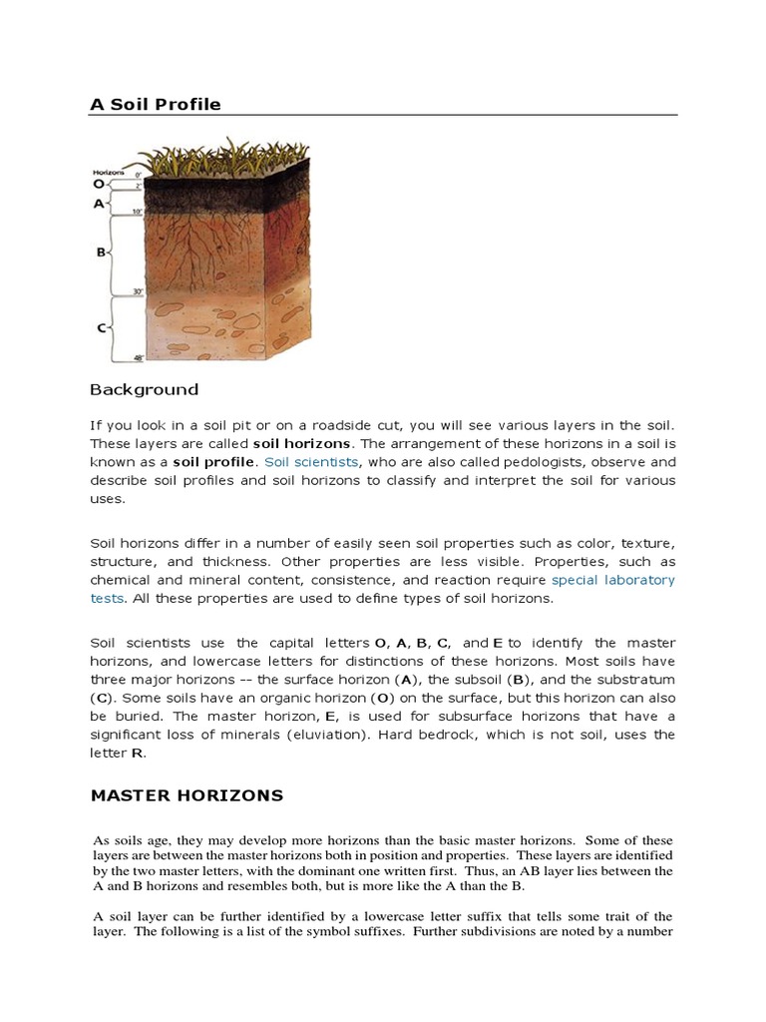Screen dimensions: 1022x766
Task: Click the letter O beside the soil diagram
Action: click(98, 184)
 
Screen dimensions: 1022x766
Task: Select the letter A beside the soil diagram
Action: click(99, 203)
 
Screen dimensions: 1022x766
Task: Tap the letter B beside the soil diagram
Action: click(101, 253)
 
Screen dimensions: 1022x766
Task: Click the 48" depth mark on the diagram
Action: click(139, 357)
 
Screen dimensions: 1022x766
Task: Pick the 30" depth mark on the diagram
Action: click(139, 292)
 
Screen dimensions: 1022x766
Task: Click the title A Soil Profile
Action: click(156, 104)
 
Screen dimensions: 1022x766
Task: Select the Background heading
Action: click(144, 389)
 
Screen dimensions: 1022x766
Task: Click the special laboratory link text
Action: click(613, 580)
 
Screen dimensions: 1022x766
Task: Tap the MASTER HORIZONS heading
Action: click(187, 795)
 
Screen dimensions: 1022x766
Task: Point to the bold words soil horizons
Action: click(301, 443)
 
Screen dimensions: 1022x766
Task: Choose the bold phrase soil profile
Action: click(214, 462)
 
